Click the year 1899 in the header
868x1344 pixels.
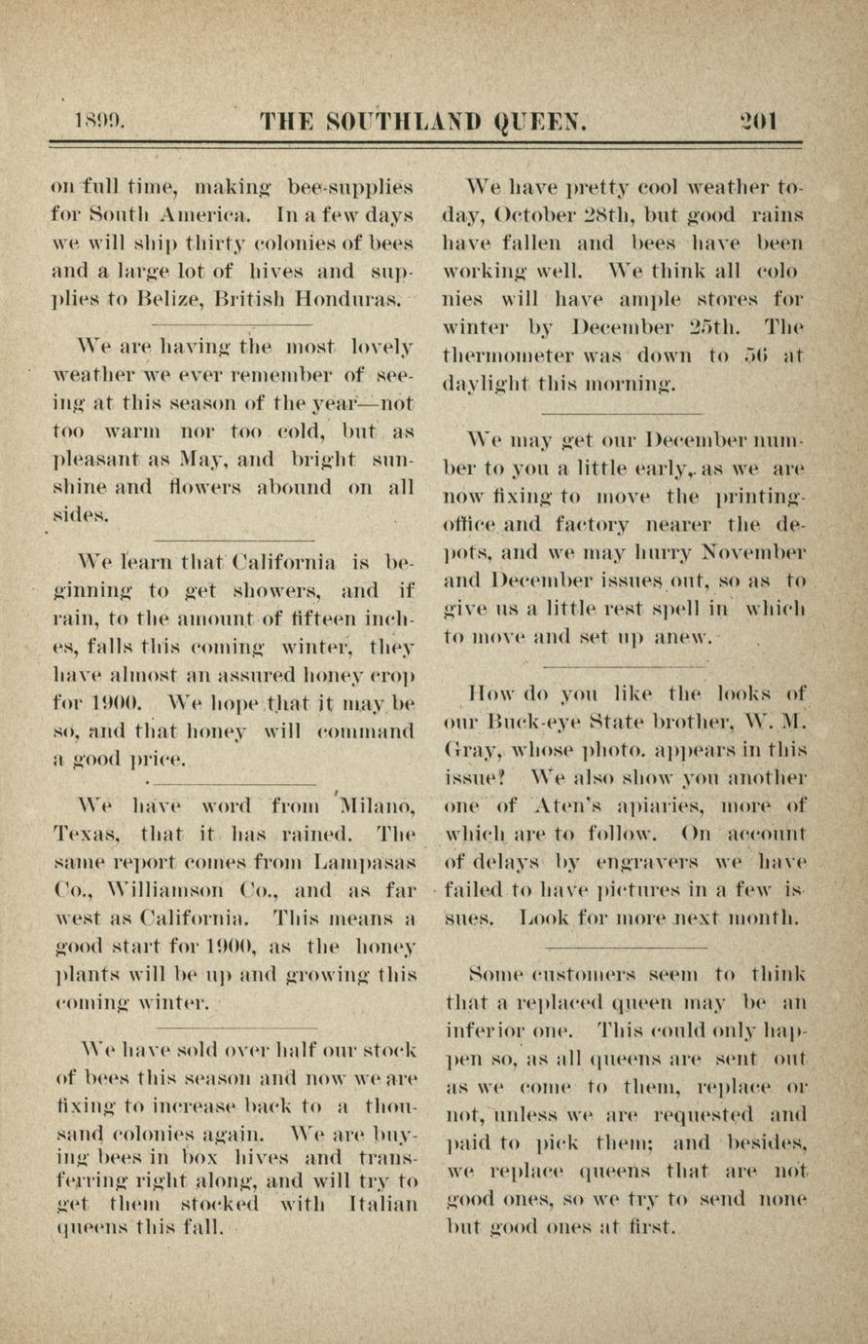pyautogui.click(x=99, y=123)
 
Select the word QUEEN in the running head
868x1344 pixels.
pyautogui.click(x=541, y=123)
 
